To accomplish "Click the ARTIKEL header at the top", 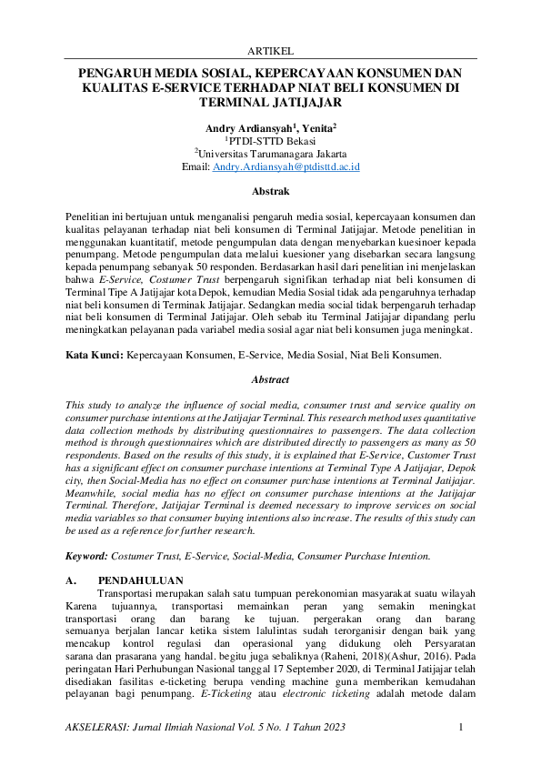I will tap(270, 51).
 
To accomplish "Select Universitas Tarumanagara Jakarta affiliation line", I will tap(270, 154).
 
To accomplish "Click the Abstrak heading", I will tap(270, 192).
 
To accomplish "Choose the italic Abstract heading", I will tap(270, 379).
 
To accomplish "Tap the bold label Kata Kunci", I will tap(95, 355).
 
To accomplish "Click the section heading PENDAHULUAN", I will tap(141, 580).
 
